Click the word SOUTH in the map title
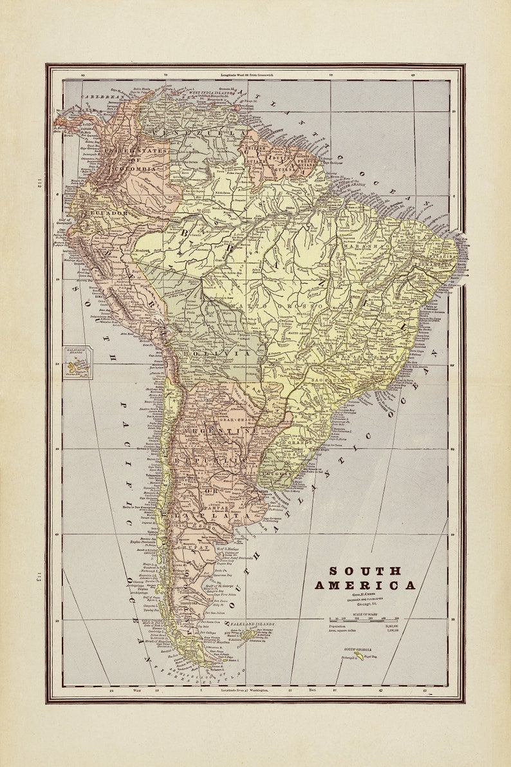(366, 571)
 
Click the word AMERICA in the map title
(365, 585)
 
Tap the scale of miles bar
(363, 620)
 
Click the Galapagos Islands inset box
(78, 362)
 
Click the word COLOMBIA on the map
(135, 168)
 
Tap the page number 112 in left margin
(39, 185)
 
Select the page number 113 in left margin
(39, 577)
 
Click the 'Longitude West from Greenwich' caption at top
(248, 75)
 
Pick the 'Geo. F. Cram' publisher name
(365, 597)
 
